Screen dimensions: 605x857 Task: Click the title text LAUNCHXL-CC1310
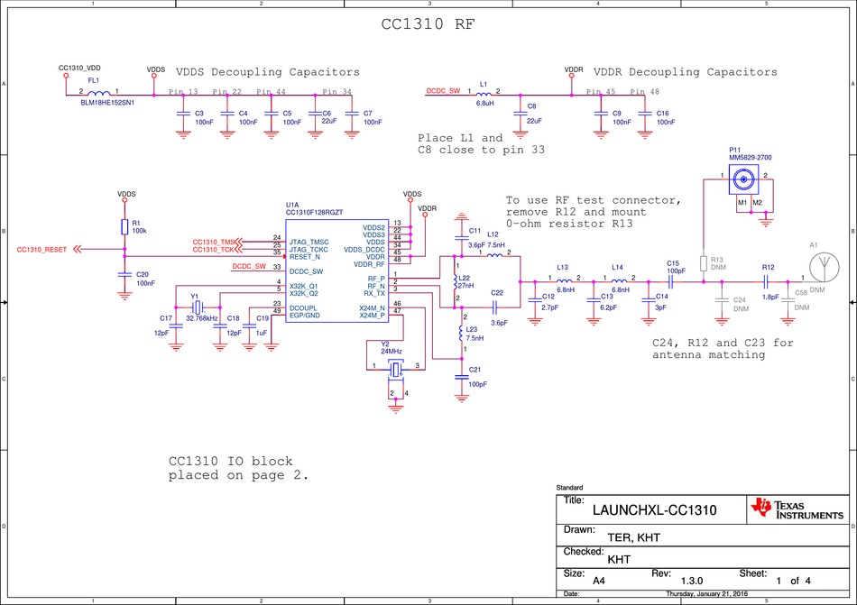pos(654,509)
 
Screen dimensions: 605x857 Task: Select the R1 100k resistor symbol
pos(124,227)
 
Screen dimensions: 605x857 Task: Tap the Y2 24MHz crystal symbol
pos(395,368)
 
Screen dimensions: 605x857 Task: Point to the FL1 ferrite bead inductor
pos(99,92)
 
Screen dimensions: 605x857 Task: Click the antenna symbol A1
pos(820,267)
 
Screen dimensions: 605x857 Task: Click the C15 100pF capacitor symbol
pos(671,279)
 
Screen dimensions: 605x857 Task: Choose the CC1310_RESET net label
pos(42,250)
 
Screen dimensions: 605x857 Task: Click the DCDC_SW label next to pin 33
pos(248,267)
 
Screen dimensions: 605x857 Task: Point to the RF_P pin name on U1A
pos(374,279)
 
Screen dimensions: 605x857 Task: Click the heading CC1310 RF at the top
pos(427,25)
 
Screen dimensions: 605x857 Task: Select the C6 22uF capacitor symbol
pos(314,115)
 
